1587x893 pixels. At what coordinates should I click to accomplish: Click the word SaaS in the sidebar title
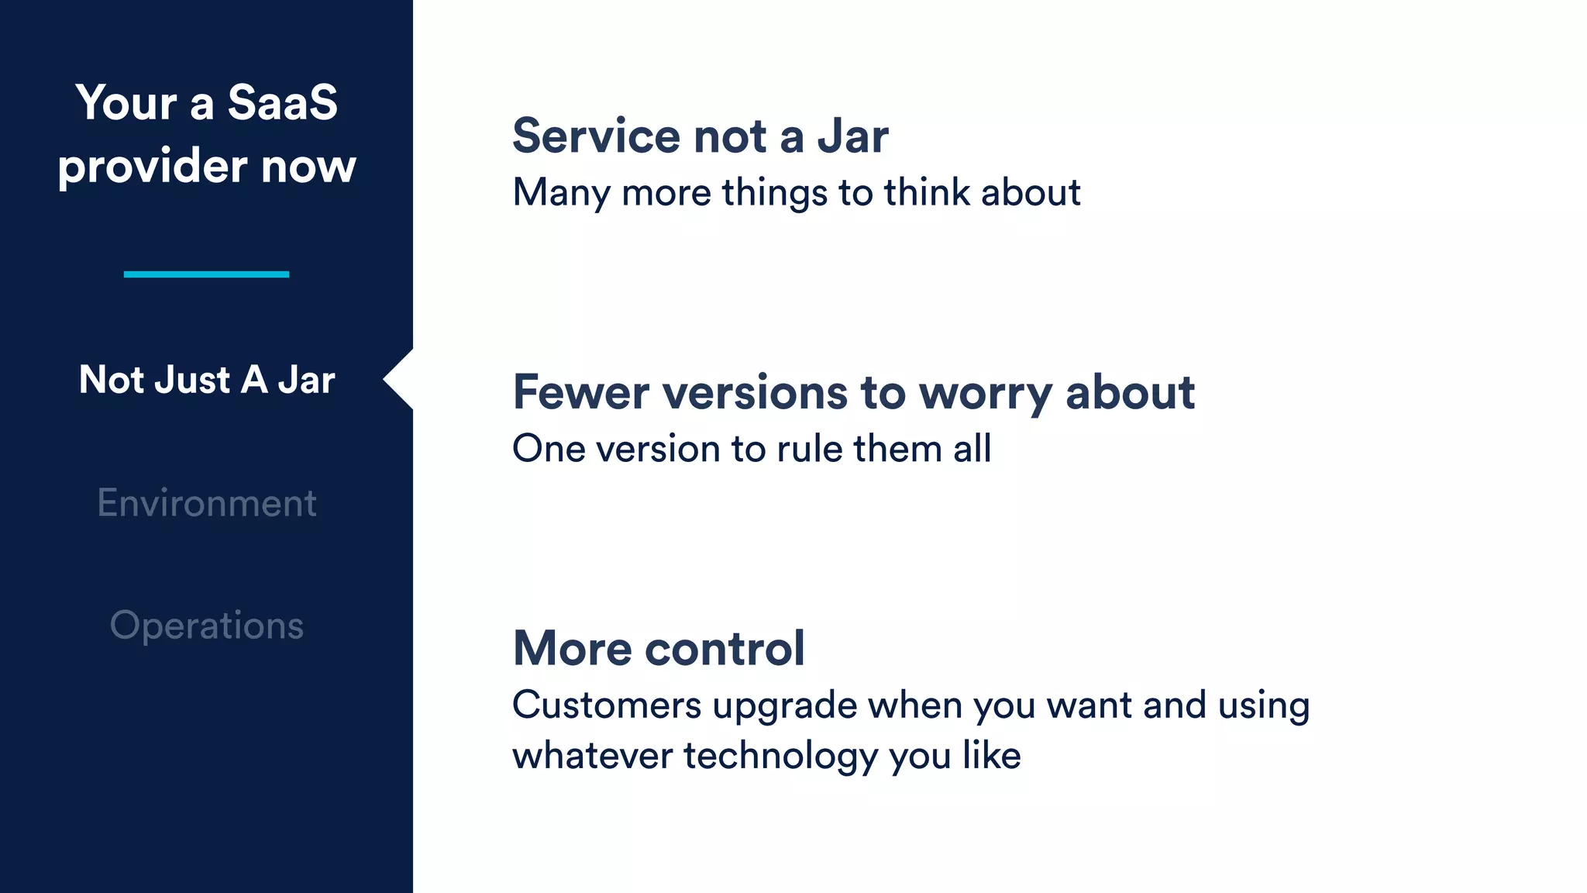[x=282, y=102]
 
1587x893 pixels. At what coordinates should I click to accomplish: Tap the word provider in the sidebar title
[x=152, y=167]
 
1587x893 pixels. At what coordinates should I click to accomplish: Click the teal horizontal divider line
[x=206, y=274]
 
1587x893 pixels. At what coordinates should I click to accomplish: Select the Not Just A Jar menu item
[x=206, y=380]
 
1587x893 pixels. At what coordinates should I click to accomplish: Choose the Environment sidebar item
[x=206, y=503]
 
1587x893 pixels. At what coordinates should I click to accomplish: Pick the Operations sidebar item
[x=206, y=626]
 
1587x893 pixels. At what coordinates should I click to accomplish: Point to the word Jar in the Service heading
[x=852, y=136]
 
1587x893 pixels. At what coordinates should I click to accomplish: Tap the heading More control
[x=659, y=648]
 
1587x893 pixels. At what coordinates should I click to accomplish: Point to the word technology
[x=780, y=756]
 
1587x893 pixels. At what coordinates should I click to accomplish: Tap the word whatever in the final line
[x=592, y=756]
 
